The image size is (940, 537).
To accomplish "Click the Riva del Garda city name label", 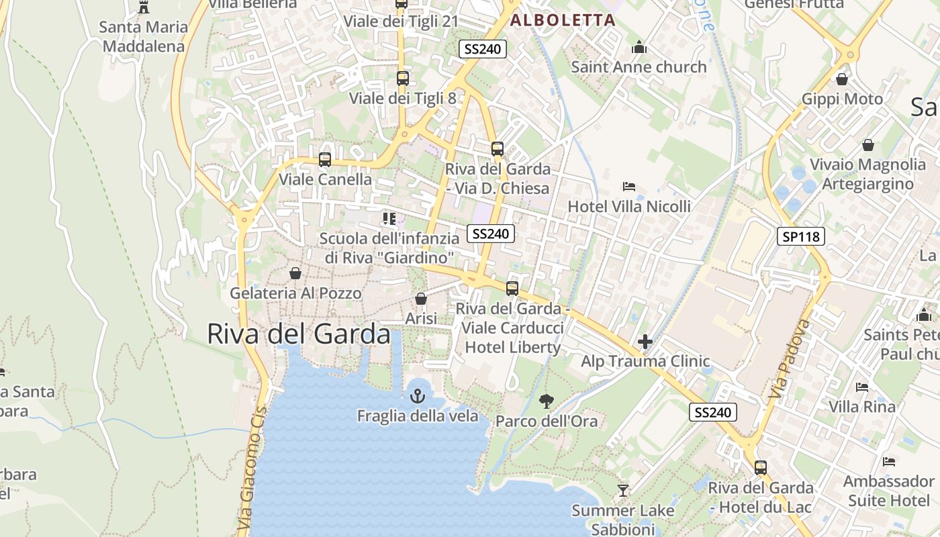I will [x=298, y=334].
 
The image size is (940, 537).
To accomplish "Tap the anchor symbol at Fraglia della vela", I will [x=418, y=395].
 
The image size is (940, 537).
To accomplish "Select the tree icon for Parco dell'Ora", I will [x=547, y=401].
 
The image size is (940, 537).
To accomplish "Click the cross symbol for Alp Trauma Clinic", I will [x=645, y=342].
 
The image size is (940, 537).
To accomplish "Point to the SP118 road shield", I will [x=801, y=236].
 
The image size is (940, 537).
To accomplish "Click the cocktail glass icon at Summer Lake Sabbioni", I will [x=623, y=491].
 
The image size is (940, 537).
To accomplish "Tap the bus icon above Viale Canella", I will [x=325, y=160].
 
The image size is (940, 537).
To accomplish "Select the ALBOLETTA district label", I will [x=563, y=20].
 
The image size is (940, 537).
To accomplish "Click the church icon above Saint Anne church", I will [x=639, y=47].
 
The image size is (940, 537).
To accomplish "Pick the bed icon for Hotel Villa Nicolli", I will [x=629, y=187].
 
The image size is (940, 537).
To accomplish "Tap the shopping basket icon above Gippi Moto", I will [x=842, y=79].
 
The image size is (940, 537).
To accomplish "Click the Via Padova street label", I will [x=788, y=359].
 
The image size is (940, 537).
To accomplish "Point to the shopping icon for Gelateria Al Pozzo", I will [x=295, y=273].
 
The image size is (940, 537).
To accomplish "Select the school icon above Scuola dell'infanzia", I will [x=389, y=219].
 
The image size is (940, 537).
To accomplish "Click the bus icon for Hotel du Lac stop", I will [x=761, y=468].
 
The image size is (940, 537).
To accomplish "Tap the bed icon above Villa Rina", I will [x=862, y=387].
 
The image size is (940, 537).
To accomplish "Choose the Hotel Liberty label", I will [x=512, y=347].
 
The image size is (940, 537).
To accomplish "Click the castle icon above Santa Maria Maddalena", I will [x=143, y=7].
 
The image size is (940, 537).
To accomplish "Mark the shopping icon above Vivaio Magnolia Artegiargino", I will [x=868, y=145].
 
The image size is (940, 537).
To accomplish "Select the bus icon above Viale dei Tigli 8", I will [x=403, y=79].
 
